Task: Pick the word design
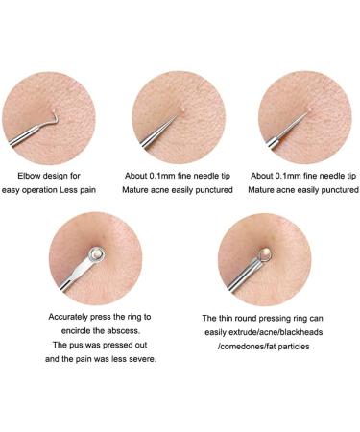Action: coord(66,177)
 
